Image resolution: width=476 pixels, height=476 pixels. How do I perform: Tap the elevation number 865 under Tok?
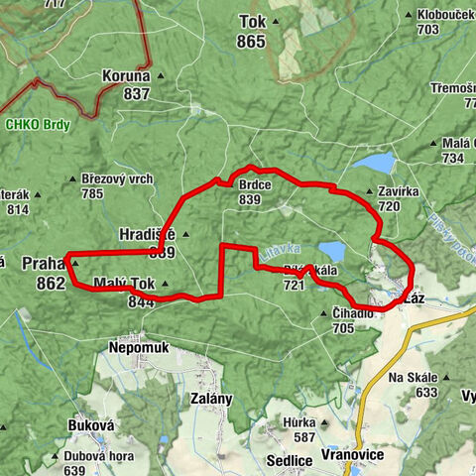point(252,42)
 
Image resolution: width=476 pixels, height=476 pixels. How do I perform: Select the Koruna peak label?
point(125,75)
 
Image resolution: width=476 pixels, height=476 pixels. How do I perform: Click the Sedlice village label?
point(290,460)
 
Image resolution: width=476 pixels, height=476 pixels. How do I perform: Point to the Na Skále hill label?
point(413,378)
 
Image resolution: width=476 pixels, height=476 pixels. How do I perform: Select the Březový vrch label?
point(118,179)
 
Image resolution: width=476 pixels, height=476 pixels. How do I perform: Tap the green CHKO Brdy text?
point(34,125)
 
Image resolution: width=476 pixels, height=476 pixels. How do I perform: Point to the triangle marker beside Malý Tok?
point(166,285)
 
